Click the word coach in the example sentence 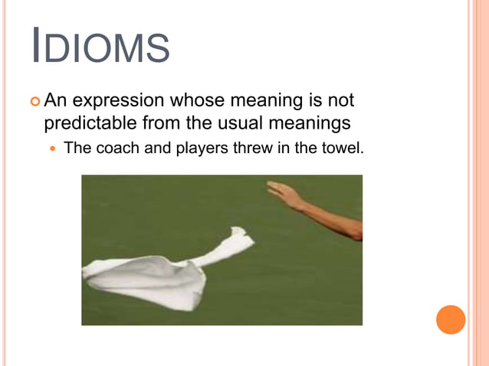pyautogui.click(x=117, y=148)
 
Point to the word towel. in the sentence pyautogui.click(x=340, y=148)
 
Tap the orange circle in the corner pyautogui.click(x=451, y=319)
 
